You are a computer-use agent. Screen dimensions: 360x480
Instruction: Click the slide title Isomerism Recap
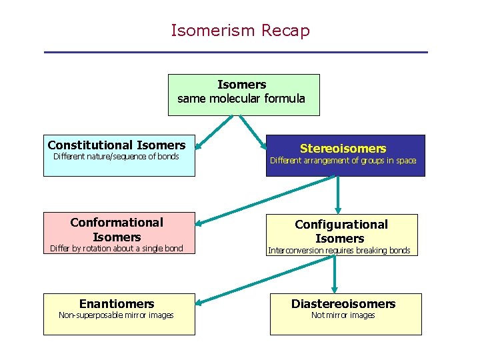(240, 31)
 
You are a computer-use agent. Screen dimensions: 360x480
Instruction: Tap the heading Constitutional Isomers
(117, 145)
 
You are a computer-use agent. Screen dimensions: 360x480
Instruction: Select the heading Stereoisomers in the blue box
(343, 148)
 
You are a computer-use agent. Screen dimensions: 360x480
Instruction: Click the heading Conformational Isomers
(117, 229)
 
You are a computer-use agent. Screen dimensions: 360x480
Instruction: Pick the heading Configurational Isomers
(341, 231)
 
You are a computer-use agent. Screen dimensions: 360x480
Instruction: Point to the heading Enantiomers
(117, 304)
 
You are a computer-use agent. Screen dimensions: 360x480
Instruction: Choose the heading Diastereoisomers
(343, 304)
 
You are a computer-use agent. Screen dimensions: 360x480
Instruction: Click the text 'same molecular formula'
(241, 99)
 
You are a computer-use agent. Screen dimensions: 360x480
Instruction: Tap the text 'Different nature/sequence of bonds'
(116, 157)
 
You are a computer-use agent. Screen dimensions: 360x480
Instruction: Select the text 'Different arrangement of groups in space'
(343, 161)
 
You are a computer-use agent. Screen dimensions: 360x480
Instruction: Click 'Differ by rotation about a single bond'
(116, 249)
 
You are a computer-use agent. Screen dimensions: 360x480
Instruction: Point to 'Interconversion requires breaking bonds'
(339, 251)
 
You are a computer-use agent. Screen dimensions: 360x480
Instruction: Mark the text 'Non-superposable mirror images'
(116, 315)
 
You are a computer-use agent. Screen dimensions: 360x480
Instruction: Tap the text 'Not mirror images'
(343, 315)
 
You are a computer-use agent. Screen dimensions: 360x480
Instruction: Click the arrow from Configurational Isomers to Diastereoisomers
(335, 273)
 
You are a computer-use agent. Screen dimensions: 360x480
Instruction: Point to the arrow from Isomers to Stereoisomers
(253, 129)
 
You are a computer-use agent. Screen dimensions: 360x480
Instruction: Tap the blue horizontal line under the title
(235, 53)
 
